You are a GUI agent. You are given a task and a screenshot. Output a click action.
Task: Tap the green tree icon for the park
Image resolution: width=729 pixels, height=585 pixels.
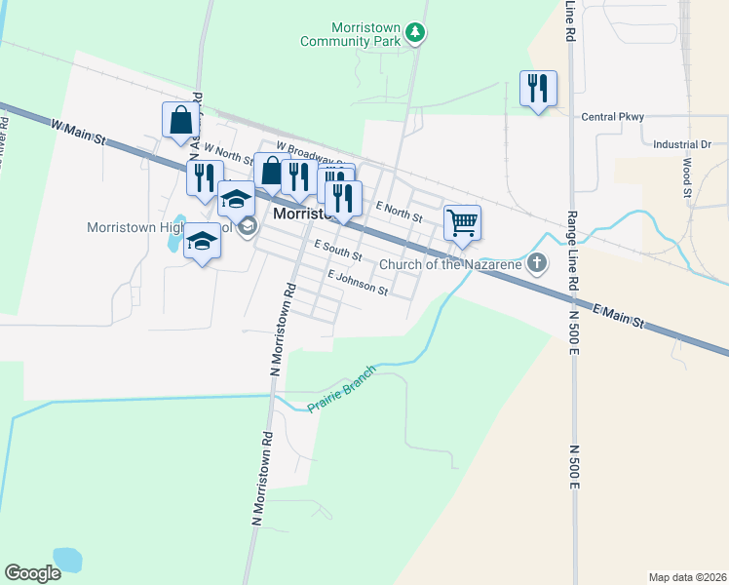pos(416,33)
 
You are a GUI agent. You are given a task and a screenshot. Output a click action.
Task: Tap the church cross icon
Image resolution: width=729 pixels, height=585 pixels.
pos(537,263)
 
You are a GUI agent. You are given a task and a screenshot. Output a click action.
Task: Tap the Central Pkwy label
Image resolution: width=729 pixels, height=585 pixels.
pos(613,117)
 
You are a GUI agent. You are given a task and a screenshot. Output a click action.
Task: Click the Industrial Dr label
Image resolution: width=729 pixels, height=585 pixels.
pos(682,144)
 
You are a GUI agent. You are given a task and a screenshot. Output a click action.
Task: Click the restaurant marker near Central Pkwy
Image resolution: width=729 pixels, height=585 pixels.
pos(538,90)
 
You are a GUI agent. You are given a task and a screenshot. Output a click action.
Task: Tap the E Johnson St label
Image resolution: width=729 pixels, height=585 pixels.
pos(358,284)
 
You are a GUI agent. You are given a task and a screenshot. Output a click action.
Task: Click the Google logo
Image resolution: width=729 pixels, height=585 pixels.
pos(32,573)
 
